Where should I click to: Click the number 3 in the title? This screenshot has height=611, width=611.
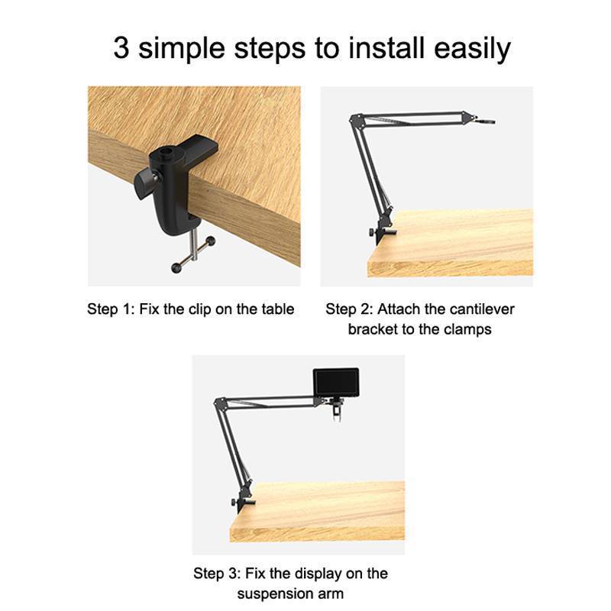(121, 48)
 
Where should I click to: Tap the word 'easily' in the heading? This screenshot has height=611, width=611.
(472, 49)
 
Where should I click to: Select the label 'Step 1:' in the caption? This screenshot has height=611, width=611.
(110, 310)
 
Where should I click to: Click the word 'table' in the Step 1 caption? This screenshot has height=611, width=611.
(278, 309)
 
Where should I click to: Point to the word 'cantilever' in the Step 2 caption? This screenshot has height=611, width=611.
(481, 309)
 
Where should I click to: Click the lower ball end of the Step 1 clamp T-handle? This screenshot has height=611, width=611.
(176, 268)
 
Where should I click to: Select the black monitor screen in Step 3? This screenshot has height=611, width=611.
(336, 383)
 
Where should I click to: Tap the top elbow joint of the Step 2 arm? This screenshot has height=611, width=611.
(355, 118)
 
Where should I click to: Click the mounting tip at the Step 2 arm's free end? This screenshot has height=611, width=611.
(484, 121)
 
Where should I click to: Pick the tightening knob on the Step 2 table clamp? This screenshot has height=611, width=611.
(371, 233)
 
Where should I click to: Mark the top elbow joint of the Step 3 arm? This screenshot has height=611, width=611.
(219, 402)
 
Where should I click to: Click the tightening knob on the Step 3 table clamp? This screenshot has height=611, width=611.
(234, 503)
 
